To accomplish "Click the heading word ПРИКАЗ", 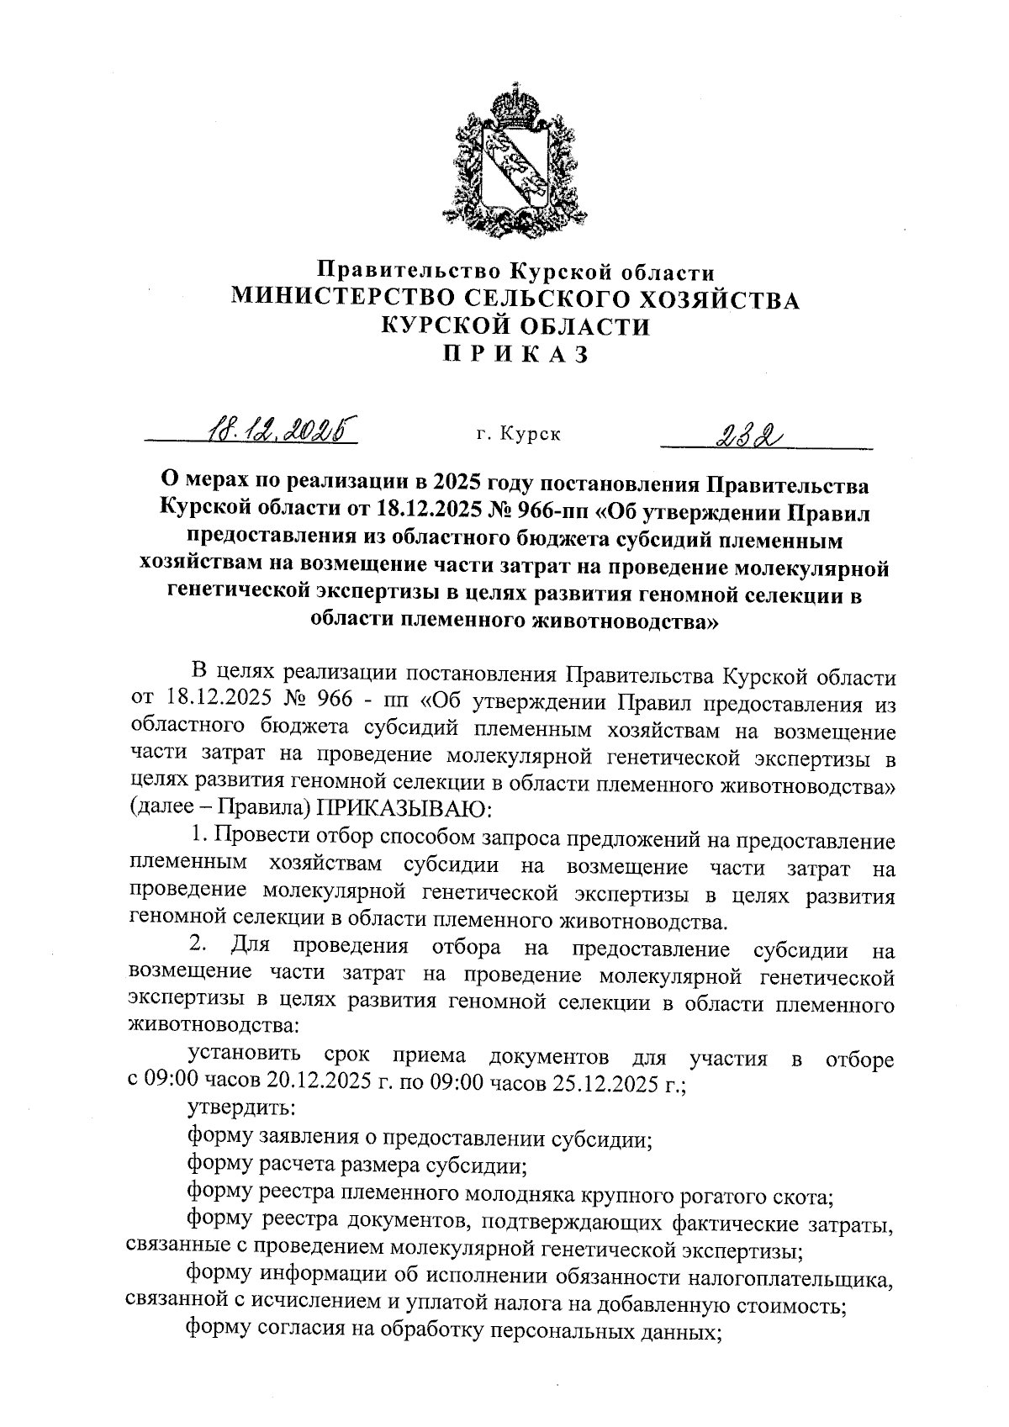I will point(514,355).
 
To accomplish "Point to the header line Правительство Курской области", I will point(515,272).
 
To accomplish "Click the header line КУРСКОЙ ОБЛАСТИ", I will point(515,327).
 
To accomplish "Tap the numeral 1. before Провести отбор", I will point(199,837).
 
